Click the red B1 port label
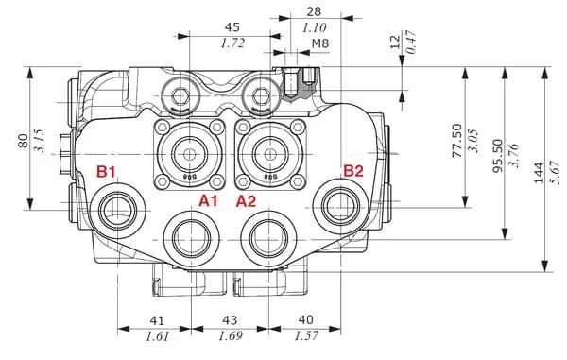[x=106, y=171]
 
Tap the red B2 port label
[x=353, y=171]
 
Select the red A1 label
[x=209, y=200]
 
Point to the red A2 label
[x=247, y=201]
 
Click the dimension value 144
[x=539, y=173]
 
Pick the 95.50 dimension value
[x=498, y=155]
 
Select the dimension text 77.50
[x=457, y=141]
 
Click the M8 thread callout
[x=320, y=43]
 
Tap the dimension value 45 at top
[x=232, y=27]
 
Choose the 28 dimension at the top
[x=314, y=11]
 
